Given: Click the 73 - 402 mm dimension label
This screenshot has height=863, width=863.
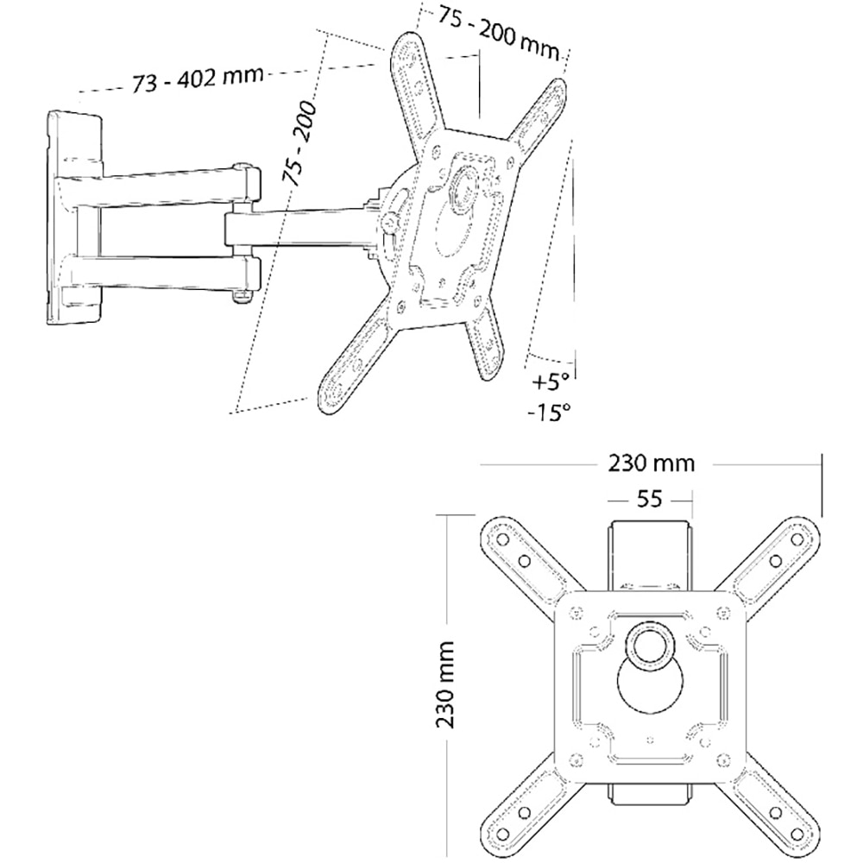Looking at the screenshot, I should [x=198, y=81].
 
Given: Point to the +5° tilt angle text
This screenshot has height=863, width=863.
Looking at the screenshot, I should [x=551, y=380].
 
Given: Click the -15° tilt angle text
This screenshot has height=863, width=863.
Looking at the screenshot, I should [x=550, y=412].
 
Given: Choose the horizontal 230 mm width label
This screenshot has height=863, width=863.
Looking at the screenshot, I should [x=652, y=463].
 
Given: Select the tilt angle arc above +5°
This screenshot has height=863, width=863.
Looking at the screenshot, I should [x=552, y=361].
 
